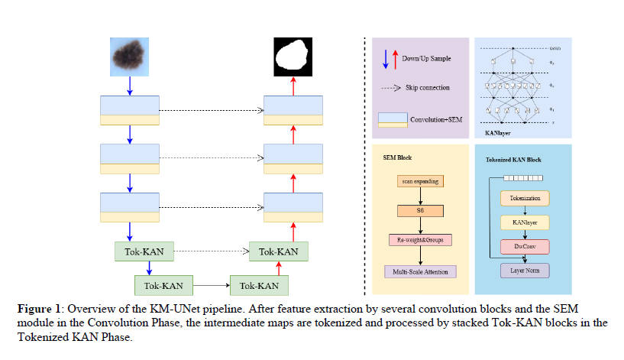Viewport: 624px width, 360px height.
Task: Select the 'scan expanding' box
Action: (x=420, y=181)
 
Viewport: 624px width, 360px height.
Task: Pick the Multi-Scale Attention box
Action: (x=420, y=271)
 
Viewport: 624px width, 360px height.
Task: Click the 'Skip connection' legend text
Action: (x=428, y=88)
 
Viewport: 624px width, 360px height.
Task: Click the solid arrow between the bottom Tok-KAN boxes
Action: (x=212, y=286)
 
